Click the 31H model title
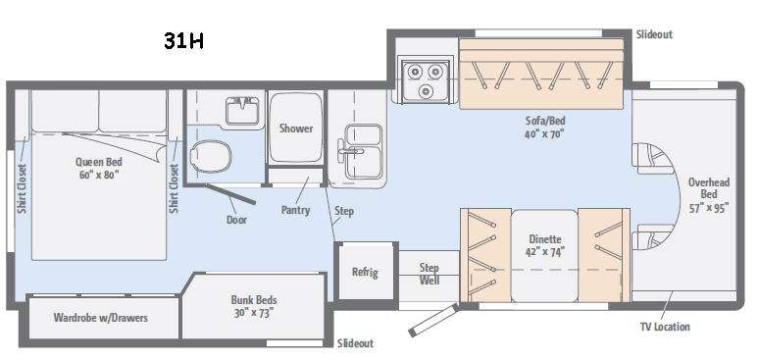click(x=183, y=41)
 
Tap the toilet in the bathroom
click(x=210, y=156)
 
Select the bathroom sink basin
click(x=242, y=110)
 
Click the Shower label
click(x=296, y=129)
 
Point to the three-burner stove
click(x=425, y=79)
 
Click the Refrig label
click(x=365, y=272)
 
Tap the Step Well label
click(x=430, y=274)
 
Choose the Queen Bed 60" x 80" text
click(x=99, y=168)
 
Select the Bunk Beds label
click(x=254, y=306)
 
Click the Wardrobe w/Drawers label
click(x=101, y=318)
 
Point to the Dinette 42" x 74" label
click(x=545, y=245)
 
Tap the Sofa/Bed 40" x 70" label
click(x=545, y=127)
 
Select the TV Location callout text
click(x=665, y=327)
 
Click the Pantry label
click(x=295, y=210)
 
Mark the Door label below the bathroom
click(x=236, y=220)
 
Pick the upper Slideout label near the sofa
click(x=654, y=34)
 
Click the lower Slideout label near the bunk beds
click(x=355, y=343)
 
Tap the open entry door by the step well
click(x=433, y=320)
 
